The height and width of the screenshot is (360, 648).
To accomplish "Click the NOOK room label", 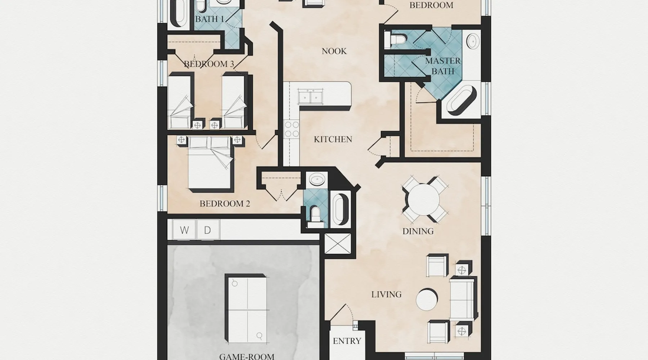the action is point(334,51).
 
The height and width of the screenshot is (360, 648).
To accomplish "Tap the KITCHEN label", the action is point(333,139).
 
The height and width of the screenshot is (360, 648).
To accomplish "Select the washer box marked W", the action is point(184,230).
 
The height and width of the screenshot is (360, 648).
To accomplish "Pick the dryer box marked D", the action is point(208,230).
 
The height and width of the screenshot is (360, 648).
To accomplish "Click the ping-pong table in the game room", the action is point(246,309).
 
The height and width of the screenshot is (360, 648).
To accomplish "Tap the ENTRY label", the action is point(347,341).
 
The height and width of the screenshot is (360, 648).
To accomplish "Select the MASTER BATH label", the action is point(443,66).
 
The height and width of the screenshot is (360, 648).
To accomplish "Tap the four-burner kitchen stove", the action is point(292,129).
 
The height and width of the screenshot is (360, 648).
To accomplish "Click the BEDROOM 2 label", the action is point(225,204).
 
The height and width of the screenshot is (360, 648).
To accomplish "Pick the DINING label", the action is point(418,231).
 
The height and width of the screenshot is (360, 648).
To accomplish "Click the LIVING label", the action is point(386,294).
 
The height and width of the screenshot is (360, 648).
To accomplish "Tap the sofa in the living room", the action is point(463,298).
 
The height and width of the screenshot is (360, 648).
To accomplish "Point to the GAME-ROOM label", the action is point(247,356).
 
